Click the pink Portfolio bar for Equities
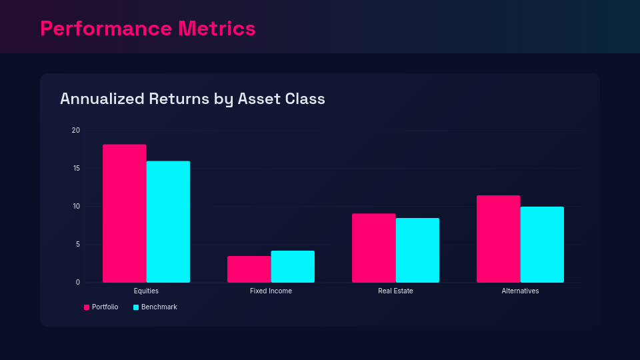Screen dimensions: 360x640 click(x=124, y=213)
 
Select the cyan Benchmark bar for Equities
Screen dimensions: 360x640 click(x=168, y=221)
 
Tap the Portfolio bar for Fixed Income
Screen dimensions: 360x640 click(x=249, y=269)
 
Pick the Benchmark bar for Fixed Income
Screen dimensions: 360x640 click(x=293, y=266)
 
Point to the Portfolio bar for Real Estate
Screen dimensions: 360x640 click(x=373, y=248)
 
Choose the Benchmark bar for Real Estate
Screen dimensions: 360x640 click(x=417, y=250)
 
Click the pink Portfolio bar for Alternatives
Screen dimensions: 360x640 click(x=498, y=239)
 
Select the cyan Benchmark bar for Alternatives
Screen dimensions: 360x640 click(x=542, y=244)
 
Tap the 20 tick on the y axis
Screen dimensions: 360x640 click(x=75, y=130)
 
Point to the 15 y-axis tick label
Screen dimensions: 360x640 click(x=75, y=168)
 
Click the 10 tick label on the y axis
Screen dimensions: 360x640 click(x=75, y=206)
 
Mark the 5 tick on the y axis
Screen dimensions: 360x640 click(x=77, y=244)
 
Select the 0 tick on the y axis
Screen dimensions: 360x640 click(x=77, y=282)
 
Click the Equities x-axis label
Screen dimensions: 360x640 click(x=146, y=291)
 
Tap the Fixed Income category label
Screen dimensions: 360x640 click(x=271, y=291)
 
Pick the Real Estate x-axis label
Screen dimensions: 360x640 click(x=395, y=291)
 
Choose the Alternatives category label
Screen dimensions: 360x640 click(x=520, y=291)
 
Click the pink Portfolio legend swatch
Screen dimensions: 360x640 click(x=87, y=307)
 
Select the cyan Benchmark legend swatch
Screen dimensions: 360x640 click(x=136, y=307)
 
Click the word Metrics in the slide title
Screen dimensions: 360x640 click(x=217, y=29)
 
